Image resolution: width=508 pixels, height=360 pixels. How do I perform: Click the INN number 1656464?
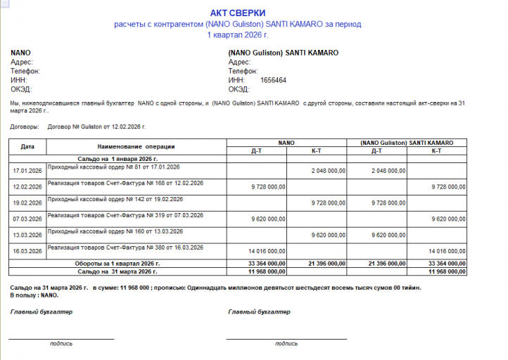(x=273, y=81)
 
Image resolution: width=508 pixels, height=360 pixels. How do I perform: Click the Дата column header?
(x=27, y=147)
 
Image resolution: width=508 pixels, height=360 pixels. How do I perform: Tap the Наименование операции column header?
(x=136, y=147)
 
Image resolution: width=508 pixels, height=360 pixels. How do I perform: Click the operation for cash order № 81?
(x=113, y=167)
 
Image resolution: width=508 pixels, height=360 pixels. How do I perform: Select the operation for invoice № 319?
(x=125, y=215)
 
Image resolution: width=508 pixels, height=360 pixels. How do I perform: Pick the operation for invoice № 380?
(x=125, y=247)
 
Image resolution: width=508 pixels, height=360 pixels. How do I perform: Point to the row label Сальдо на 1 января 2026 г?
(x=118, y=160)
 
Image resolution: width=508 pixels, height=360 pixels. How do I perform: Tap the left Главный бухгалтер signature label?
(x=42, y=311)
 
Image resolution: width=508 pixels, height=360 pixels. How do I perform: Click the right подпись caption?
(x=286, y=344)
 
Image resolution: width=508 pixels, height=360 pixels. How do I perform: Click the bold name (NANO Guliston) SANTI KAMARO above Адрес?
(x=284, y=53)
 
